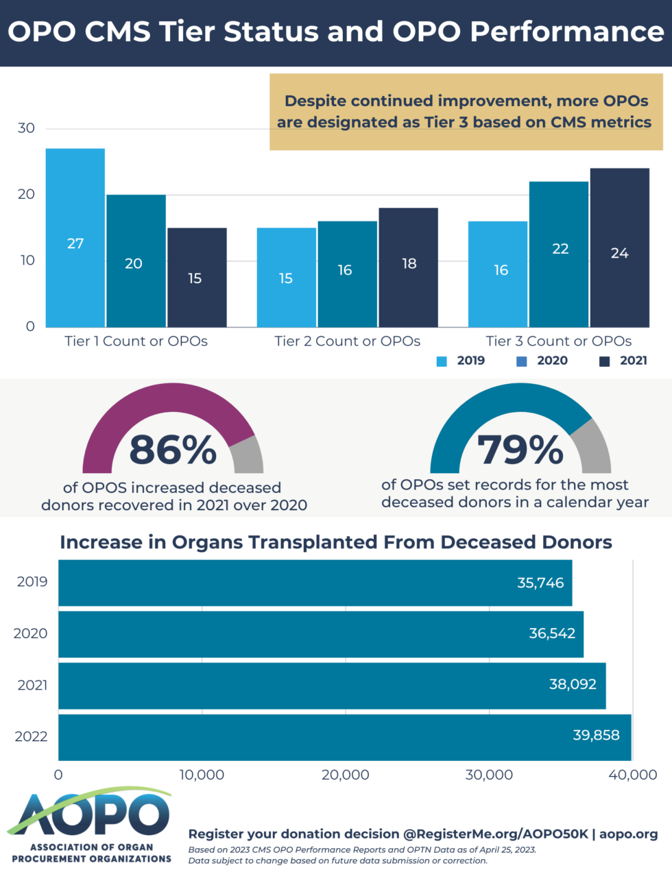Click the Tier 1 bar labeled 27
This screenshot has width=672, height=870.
tap(75, 237)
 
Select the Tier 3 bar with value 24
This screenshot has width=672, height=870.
tap(619, 247)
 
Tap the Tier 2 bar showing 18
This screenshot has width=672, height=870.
tap(409, 267)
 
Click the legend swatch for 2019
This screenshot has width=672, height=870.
tap(442, 361)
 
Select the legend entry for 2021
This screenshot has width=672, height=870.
tap(624, 361)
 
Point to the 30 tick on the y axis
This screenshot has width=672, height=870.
tap(26, 128)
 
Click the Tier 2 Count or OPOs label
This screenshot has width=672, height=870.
tap(347, 341)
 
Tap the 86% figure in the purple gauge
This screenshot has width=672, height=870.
tap(173, 450)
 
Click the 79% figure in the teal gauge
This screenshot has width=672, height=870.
tap(520, 450)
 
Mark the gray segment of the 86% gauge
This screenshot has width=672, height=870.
tap(248, 455)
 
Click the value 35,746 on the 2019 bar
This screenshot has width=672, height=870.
tap(540, 583)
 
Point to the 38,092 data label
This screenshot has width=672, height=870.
tap(572, 684)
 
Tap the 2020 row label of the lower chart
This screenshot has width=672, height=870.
tap(31, 633)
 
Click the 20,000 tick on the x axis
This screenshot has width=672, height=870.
tap(345, 775)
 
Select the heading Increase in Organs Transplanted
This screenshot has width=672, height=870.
tap(335, 542)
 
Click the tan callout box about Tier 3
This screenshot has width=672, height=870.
tap(466, 112)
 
